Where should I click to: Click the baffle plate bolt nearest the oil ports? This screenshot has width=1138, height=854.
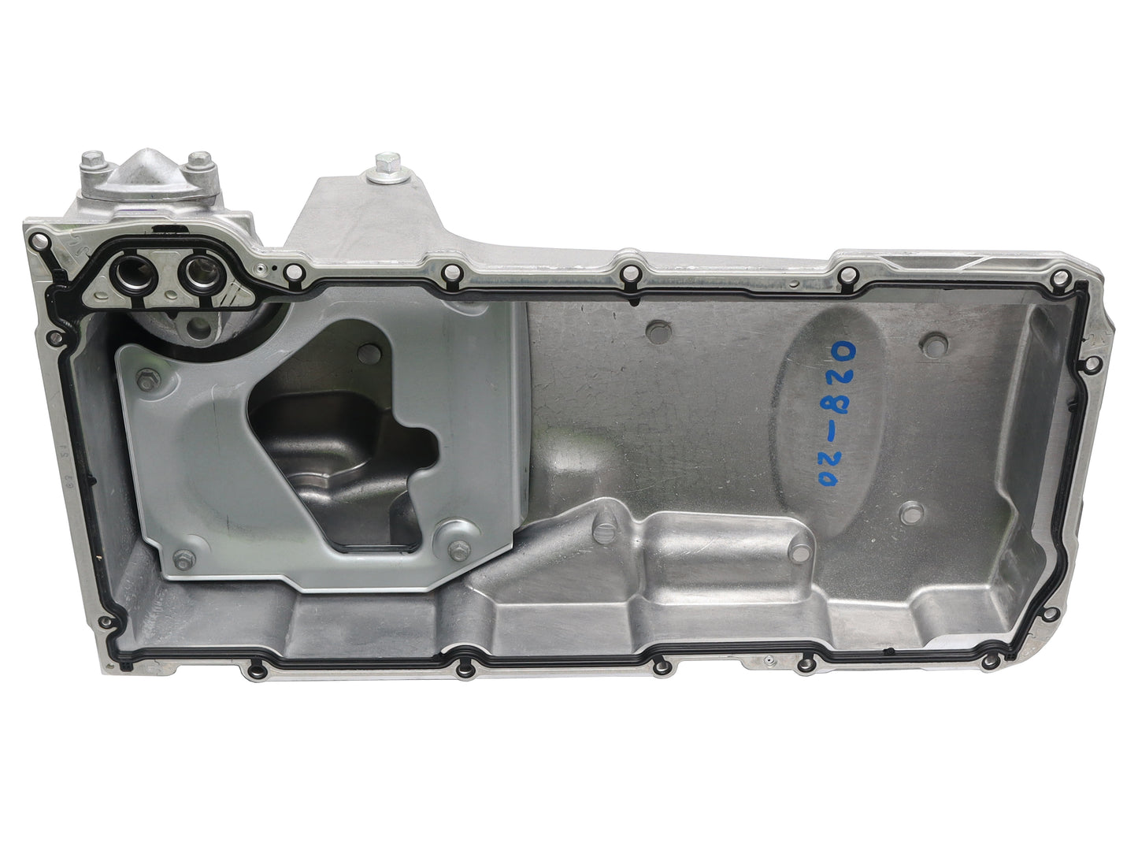[147, 381]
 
